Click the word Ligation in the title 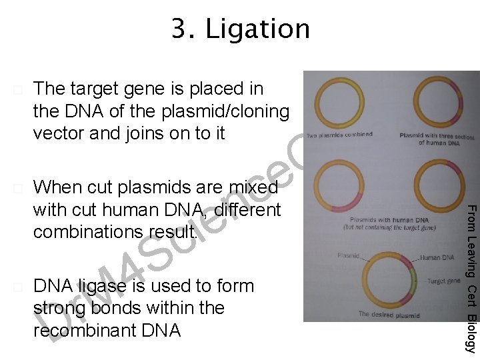point(258,29)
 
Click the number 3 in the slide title point(181,29)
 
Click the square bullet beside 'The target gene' point(18,89)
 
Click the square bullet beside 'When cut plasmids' point(18,187)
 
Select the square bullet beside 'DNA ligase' point(18,287)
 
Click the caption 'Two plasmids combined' point(340,135)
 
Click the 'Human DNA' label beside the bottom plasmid point(437,257)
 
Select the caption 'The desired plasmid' point(389,314)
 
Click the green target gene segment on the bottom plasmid point(413,280)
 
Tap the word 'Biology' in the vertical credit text point(471,333)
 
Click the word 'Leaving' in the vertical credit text point(471,258)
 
